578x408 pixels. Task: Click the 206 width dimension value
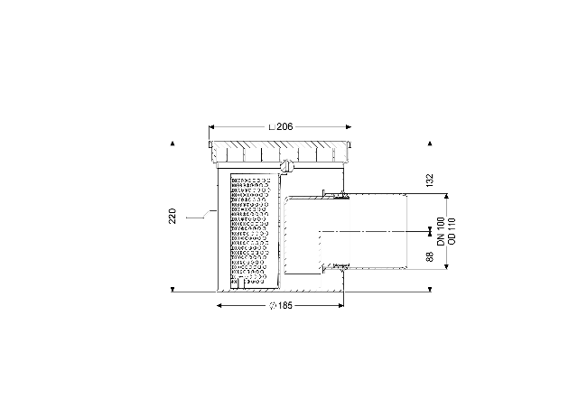click(284, 126)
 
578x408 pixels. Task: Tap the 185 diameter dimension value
click(285, 305)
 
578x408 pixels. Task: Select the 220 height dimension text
click(172, 216)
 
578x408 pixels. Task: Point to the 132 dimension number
click(430, 181)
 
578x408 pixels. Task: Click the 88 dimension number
click(430, 257)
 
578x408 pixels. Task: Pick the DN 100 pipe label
click(442, 231)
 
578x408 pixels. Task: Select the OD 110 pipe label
click(452, 231)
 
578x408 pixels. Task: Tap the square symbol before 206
click(272, 127)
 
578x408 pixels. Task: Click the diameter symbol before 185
click(273, 305)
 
